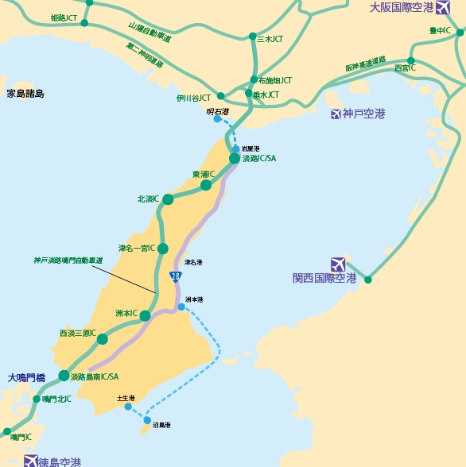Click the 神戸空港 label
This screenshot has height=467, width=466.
(363, 114)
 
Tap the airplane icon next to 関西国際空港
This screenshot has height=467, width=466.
(337, 263)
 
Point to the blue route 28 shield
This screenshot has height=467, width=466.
(175, 276)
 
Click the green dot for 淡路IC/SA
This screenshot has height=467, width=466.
(235, 159)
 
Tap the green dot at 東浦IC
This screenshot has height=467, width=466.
(206, 185)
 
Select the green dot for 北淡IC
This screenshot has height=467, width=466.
(168, 199)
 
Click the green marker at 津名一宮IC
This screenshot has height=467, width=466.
(163, 249)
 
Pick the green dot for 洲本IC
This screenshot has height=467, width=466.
(146, 316)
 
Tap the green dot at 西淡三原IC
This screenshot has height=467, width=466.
(103, 339)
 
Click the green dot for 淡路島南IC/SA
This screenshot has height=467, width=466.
(64, 376)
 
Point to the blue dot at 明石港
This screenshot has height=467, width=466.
(217, 119)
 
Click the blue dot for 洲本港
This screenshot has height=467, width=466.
(182, 307)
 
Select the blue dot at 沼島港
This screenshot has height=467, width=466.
(147, 419)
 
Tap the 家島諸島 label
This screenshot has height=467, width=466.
(25, 94)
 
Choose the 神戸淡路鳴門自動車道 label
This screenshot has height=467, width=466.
(68, 260)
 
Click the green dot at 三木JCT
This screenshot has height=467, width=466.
(253, 38)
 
